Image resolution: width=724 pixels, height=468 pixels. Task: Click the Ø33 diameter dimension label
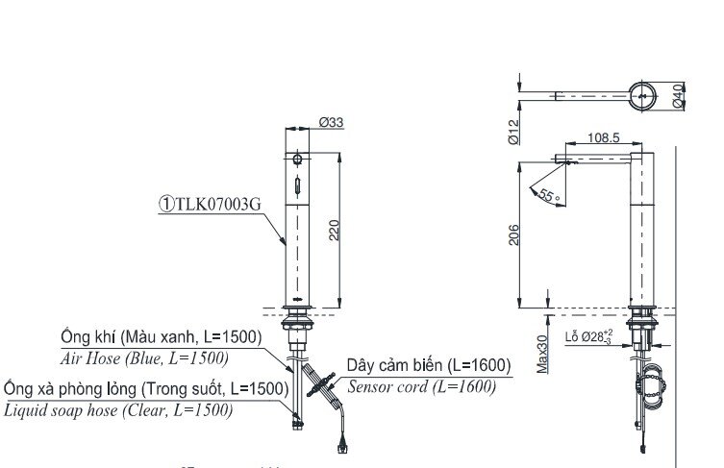click(x=332, y=122)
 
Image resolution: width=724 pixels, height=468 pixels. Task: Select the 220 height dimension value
click(x=335, y=231)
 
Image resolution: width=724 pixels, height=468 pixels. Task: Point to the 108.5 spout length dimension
click(x=603, y=138)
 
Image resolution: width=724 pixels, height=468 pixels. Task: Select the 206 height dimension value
click(x=514, y=234)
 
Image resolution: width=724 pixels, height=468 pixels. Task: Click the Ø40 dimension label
click(x=678, y=95)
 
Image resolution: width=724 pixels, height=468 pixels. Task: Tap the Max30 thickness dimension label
click(x=542, y=354)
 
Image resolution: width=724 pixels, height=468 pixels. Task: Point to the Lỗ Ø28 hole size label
click(x=588, y=337)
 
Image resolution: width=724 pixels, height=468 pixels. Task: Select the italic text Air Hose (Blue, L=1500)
click(x=144, y=357)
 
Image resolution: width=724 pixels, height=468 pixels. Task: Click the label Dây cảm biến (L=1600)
click(x=429, y=366)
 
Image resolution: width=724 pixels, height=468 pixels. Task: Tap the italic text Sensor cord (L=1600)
click(x=421, y=386)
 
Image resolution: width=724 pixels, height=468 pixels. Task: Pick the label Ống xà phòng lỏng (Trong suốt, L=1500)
click(x=145, y=389)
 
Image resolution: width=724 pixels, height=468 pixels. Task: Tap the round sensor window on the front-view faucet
click(x=299, y=160)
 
